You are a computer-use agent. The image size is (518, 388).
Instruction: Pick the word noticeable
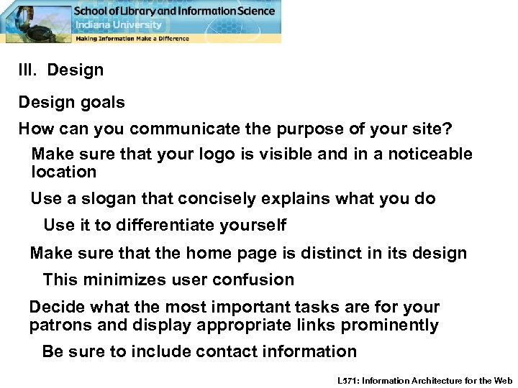coord(427,154)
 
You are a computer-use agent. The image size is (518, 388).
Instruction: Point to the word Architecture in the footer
coord(447,380)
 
